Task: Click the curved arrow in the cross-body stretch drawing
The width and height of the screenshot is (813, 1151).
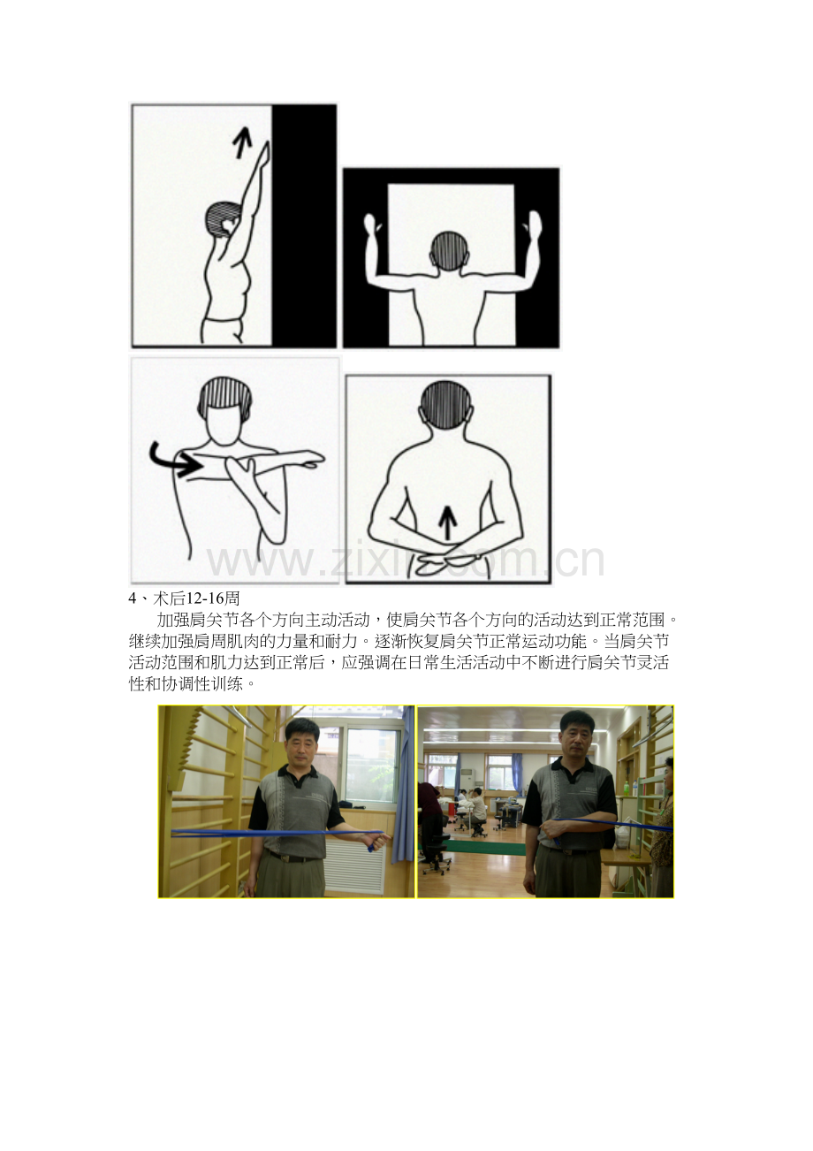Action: (173, 458)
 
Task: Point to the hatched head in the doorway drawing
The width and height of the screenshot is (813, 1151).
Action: (451, 251)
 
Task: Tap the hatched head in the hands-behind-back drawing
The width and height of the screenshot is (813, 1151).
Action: (445, 403)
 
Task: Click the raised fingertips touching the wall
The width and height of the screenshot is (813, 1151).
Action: (266, 146)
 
